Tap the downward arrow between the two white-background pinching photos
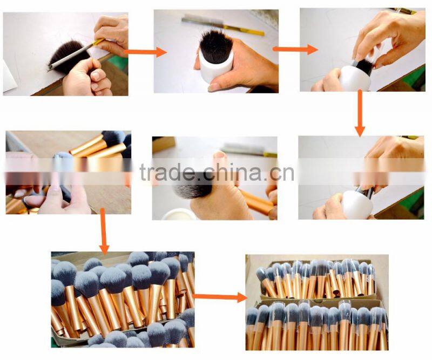pos(360,112)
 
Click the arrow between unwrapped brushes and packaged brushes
pos(219,296)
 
